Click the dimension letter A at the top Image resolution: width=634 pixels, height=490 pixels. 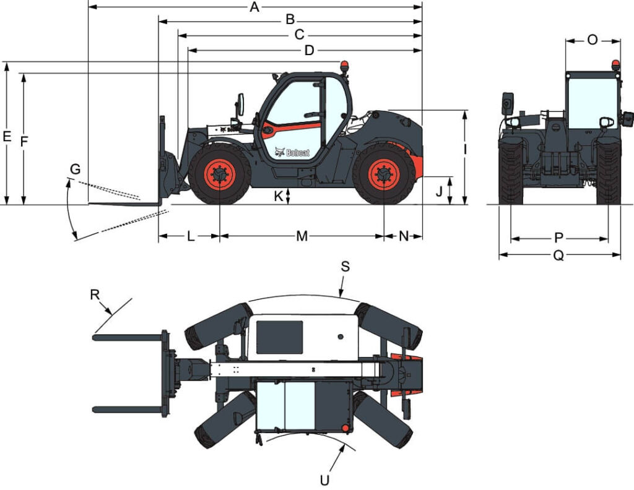coord(254,7)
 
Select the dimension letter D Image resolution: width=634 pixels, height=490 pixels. coord(310,51)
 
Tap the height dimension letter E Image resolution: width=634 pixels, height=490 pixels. coord(7,137)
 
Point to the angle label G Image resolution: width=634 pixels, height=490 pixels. coord(76,168)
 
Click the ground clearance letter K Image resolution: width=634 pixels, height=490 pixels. coord(278,196)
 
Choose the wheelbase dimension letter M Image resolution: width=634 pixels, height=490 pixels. coord(302,236)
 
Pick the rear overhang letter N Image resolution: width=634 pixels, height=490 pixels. coord(404,236)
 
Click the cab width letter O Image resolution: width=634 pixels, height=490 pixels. coord(593,40)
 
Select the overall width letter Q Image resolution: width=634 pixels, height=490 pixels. coord(558,256)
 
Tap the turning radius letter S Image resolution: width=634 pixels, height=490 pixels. coord(345,266)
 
